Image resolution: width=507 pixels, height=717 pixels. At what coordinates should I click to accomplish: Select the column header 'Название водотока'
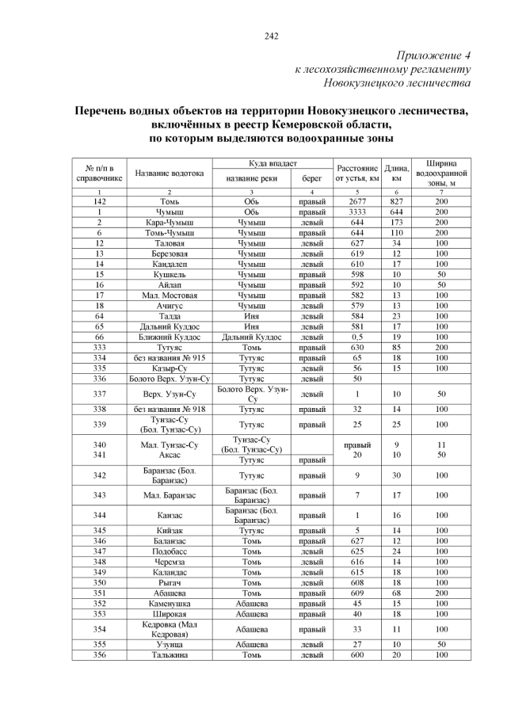pyautogui.click(x=169, y=173)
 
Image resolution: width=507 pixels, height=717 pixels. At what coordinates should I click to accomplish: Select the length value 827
pyautogui.click(x=396, y=202)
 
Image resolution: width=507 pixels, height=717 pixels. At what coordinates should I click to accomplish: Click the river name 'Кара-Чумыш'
pyautogui.click(x=169, y=223)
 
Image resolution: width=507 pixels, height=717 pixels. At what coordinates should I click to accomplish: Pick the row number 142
pyautogui.click(x=100, y=202)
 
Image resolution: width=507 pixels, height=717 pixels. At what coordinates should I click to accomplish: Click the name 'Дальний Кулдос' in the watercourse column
pyautogui.click(x=169, y=326)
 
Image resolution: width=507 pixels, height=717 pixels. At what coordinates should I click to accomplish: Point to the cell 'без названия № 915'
pyautogui.click(x=169, y=357)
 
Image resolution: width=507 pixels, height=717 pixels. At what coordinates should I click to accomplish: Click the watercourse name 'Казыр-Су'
pyautogui.click(x=169, y=367)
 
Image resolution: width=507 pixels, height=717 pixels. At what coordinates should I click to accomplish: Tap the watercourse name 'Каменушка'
pyautogui.click(x=169, y=602)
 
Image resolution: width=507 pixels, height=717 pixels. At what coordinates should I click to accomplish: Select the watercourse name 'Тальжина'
pyautogui.click(x=169, y=654)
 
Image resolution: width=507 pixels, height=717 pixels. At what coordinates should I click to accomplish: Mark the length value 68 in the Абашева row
pyautogui.click(x=396, y=592)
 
